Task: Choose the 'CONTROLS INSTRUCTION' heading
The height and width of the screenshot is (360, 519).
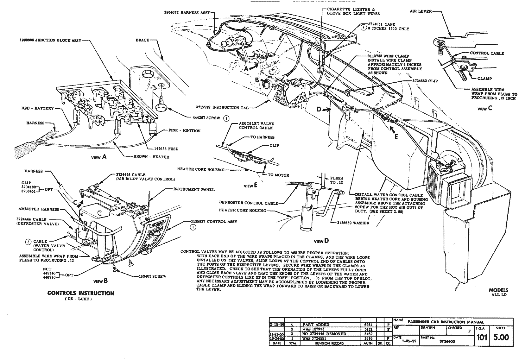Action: pyautogui.click(x=81, y=293)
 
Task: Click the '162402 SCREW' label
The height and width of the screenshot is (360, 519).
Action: pyautogui.click(x=152, y=276)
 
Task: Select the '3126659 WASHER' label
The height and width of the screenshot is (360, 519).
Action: pyautogui.click(x=353, y=223)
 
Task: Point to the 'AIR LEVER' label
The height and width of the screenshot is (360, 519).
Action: pyautogui.click(x=421, y=11)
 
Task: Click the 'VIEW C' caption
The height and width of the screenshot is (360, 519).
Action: pyautogui.click(x=485, y=108)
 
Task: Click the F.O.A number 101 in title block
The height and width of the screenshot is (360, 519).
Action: pyautogui.click(x=481, y=338)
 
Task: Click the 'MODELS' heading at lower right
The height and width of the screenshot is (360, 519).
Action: pyautogui.click(x=498, y=290)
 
